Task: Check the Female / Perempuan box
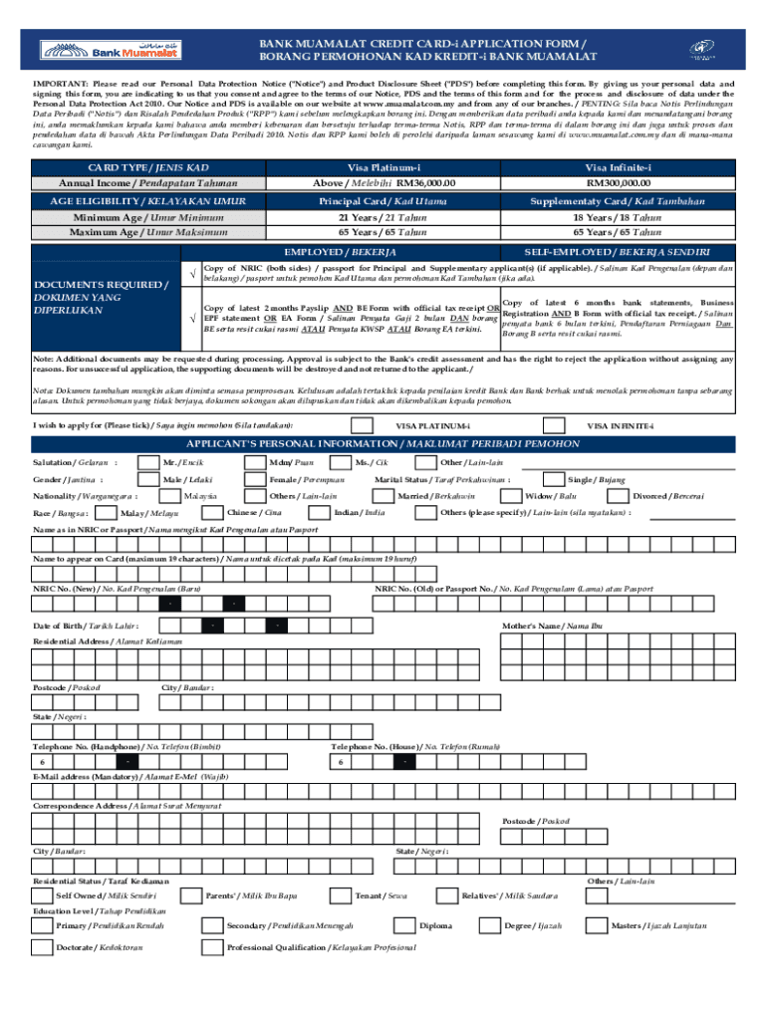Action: point(254,479)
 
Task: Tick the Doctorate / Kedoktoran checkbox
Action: point(43,947)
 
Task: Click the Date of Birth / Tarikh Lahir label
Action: point(86,625)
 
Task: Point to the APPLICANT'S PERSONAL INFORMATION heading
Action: point(383,443)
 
